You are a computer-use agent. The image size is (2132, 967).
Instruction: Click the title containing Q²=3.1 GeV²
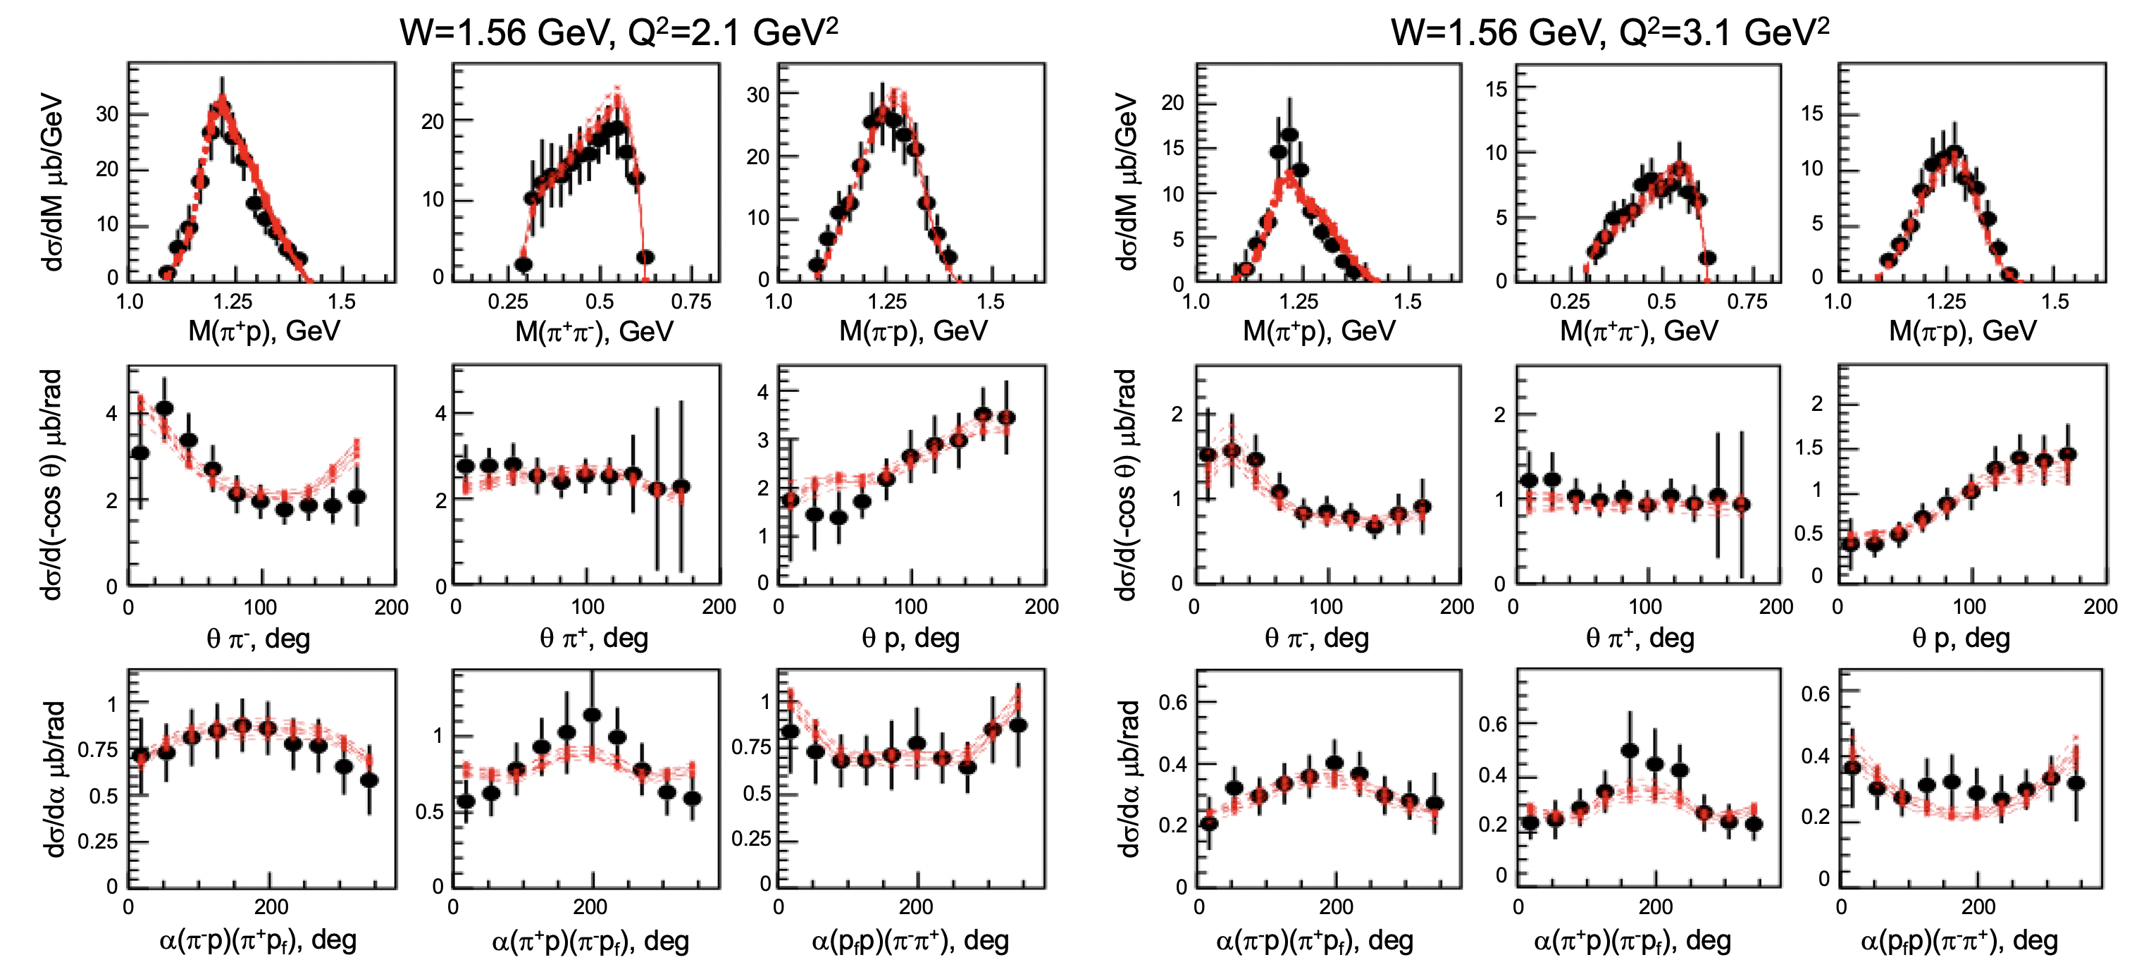(x=1609, y=33)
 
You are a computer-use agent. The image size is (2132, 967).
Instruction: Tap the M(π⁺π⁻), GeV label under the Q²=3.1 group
(x=1638, y=331)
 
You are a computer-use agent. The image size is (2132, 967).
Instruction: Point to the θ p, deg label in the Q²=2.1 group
(x=910, y=639)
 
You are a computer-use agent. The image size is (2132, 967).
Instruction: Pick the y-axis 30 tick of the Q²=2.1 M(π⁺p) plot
(x=108, y=114)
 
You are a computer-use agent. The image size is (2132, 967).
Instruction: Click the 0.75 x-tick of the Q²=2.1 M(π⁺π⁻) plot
(x=691, y=302)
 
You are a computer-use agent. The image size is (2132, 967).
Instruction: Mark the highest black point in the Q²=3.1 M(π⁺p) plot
(x=1289, y=135)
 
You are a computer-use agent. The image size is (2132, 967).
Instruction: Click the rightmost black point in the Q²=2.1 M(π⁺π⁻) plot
(x=645, y=257)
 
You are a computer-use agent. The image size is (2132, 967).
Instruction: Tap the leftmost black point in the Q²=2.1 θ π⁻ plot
(x=141, y=453)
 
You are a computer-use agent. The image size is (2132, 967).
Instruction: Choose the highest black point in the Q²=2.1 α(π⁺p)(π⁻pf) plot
(x=592, y=715)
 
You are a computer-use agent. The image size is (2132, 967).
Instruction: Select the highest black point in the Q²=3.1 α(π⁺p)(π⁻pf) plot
(x=1630, y=750)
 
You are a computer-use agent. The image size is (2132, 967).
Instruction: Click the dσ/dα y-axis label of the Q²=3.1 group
(x=1128, y=778)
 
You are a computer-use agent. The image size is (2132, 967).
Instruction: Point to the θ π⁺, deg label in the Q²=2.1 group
(x=593, y=639)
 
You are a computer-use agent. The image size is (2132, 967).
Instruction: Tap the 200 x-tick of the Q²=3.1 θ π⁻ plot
(x=1456, y=607)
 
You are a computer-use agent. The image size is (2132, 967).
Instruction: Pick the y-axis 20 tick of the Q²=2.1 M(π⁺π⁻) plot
(x=433, y=122)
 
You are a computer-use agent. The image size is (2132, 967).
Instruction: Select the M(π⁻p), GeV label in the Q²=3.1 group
(x=1961, y=331)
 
